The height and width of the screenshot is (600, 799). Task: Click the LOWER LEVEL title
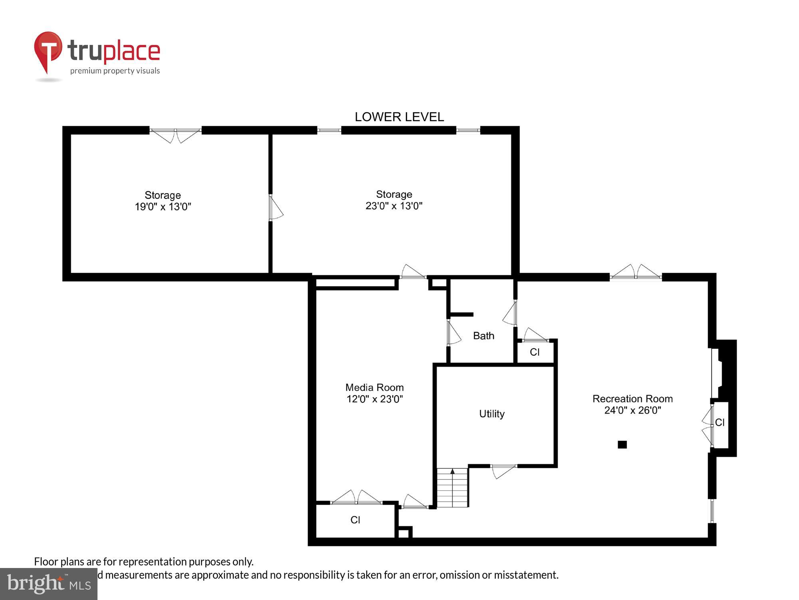(399, 117)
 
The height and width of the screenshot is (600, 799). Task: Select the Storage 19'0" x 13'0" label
(163, 201)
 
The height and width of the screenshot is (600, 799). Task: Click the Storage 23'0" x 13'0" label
(394, 200)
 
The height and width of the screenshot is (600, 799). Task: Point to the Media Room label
(374, 393)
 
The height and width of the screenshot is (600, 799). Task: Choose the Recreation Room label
(632, 404)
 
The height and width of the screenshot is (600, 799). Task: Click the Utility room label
(492, 414)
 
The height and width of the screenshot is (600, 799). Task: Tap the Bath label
(483, 336)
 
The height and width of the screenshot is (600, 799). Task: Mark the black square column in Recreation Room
(622, 444)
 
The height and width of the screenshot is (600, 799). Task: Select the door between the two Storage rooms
(275, 208)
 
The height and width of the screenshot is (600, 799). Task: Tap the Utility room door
(503, 470)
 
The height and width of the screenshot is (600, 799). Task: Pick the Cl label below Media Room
(355, 520)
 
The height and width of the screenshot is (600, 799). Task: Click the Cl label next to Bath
(535, 352)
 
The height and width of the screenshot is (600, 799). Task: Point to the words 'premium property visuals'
(115, 71)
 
